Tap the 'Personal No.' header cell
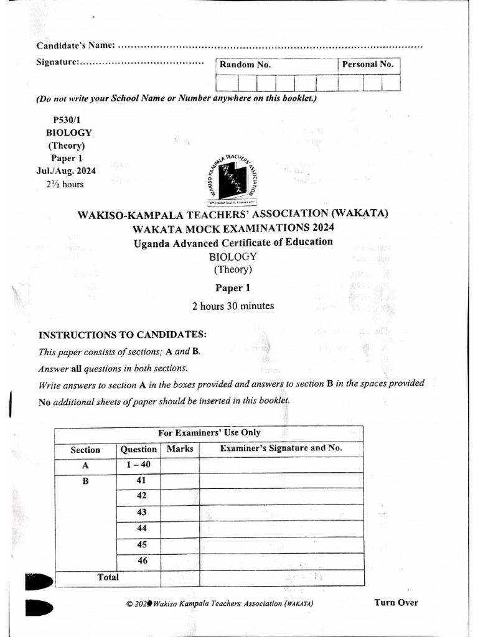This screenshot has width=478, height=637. [368, 64]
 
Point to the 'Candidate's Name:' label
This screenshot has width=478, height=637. [75, 45]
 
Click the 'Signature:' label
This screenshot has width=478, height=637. [58, 62]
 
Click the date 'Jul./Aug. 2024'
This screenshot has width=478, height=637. [62, 171]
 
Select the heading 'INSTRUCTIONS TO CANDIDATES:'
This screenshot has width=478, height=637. [123, 335]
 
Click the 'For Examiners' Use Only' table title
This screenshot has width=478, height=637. [209, 432]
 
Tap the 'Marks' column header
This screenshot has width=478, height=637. [180, 449]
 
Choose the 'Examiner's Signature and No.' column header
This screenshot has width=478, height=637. [281, 448]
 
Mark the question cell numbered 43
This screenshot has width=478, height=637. [141, 512]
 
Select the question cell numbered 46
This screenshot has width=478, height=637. [141, 560]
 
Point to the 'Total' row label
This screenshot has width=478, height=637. [108, 577]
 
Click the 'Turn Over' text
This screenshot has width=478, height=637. [396, 602]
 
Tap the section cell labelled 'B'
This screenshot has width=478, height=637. [86, 481]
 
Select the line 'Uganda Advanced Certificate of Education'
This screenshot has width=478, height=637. [233, 242]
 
